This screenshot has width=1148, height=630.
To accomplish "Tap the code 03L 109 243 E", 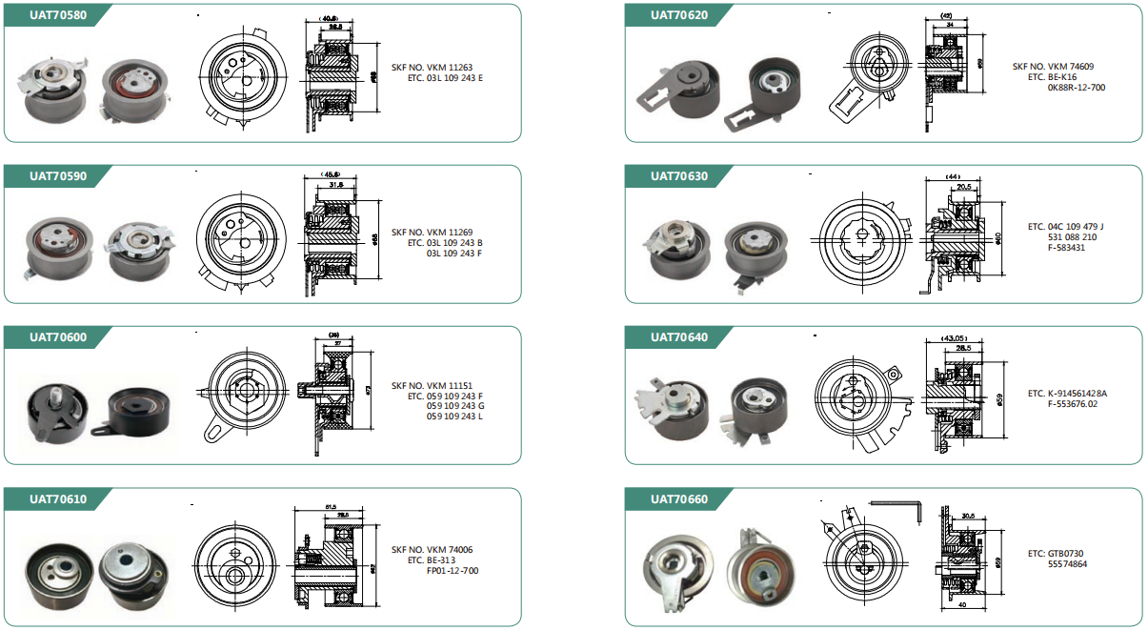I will pyautogui.click(x=454, y=78).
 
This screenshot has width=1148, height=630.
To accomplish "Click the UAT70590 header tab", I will pyautogui.click(x=57, y=176).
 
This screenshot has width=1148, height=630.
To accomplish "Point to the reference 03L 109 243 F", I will pyautogui.click(x=454, y=254).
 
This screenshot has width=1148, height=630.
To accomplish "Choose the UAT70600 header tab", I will pyautogui.click(x=57, y=337).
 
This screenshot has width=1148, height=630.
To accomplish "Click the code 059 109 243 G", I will pyautogui.click(x=454, y=406).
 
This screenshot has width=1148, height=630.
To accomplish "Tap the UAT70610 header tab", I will pyautogui.click(x=57, y=499).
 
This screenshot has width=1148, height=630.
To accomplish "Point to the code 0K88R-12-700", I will pyautogui.click(x=1076, y=88).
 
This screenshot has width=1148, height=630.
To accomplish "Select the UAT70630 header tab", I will pyautogui.click(x=678, y=176).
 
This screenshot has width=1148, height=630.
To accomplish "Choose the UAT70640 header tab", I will pyautogui.click(x=678, y=337).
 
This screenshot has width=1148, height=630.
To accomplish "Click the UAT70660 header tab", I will pyautogui.click(x=678, y=499).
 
